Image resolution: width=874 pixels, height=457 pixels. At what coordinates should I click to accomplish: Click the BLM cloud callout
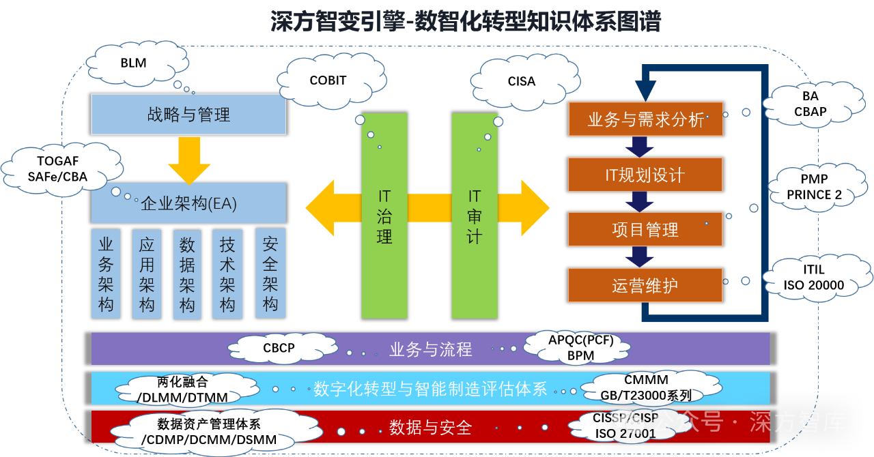coord(134,63)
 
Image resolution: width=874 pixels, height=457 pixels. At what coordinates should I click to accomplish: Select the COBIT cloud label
coord(328,80)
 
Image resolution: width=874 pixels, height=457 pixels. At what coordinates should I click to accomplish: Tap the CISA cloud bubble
coord(521,81)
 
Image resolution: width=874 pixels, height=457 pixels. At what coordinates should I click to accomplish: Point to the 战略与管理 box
coord(188,115)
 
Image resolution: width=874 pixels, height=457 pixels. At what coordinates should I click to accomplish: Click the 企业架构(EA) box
coord(188,203)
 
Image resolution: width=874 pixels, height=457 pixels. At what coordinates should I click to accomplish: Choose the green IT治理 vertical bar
coord(384,216)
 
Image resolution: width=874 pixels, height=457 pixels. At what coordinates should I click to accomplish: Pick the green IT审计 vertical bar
coord(475,216)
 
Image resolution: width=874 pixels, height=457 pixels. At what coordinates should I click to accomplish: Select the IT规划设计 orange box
coord(645,175)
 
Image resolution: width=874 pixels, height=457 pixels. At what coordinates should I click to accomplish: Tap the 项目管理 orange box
coord(645,229)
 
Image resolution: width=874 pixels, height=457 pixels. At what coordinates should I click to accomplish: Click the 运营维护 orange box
coord(645,285)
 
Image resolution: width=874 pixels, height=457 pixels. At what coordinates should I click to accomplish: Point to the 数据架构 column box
coord(187,274)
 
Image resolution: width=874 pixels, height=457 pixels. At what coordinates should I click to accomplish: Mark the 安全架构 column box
coord(270,273)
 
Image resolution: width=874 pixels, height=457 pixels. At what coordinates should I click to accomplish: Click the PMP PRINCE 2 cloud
coord(814,187)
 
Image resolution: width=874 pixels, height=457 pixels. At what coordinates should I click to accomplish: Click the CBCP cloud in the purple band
coord(279,348)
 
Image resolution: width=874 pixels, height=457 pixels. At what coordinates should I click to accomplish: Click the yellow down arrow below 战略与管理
coord(189,160)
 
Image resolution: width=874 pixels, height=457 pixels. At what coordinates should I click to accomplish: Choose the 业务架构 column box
coord(106,273)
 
